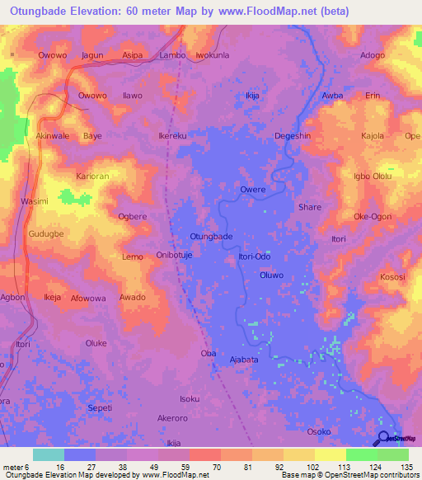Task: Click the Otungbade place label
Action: pyautogui.click(x=211, y=236)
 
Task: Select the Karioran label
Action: pyautogui.click(x=92, y=176)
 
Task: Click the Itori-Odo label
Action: pyautogui.click(x=255, y=256)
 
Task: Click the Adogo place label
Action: pyautogui.click(x=373, y=55)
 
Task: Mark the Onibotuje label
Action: pyautogui.click(x=174, y=256)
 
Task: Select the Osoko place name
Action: pyautogui.click(x=319, y=431)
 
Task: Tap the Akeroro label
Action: pyautogui.click(x=173, y=418)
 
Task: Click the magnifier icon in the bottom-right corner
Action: pyautogui.click(x=383, y=438)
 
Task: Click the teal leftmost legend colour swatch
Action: pyautogui.click(x=48, y=454)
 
